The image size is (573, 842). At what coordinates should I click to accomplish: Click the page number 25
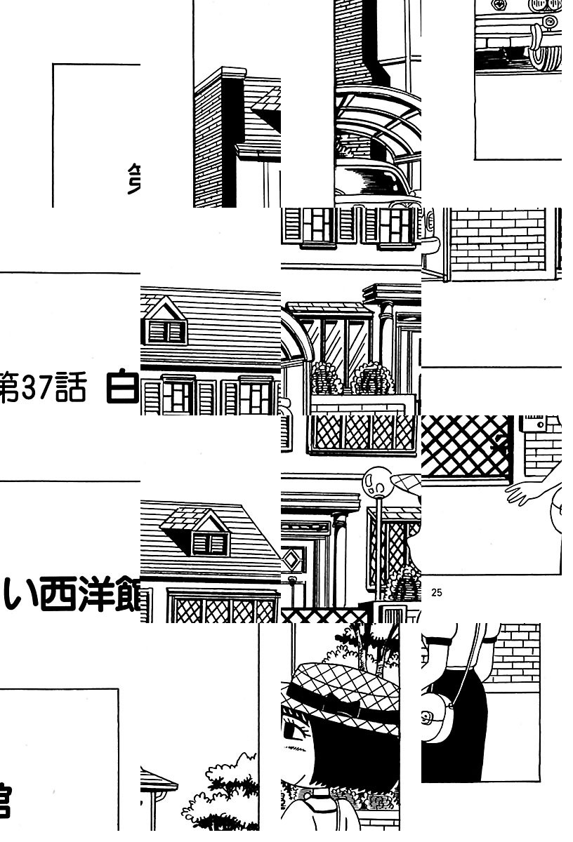[x=437, y=593]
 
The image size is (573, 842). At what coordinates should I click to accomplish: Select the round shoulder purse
[x=439, y=723]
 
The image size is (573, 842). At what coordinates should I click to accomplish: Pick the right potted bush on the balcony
[x=371, y=380]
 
